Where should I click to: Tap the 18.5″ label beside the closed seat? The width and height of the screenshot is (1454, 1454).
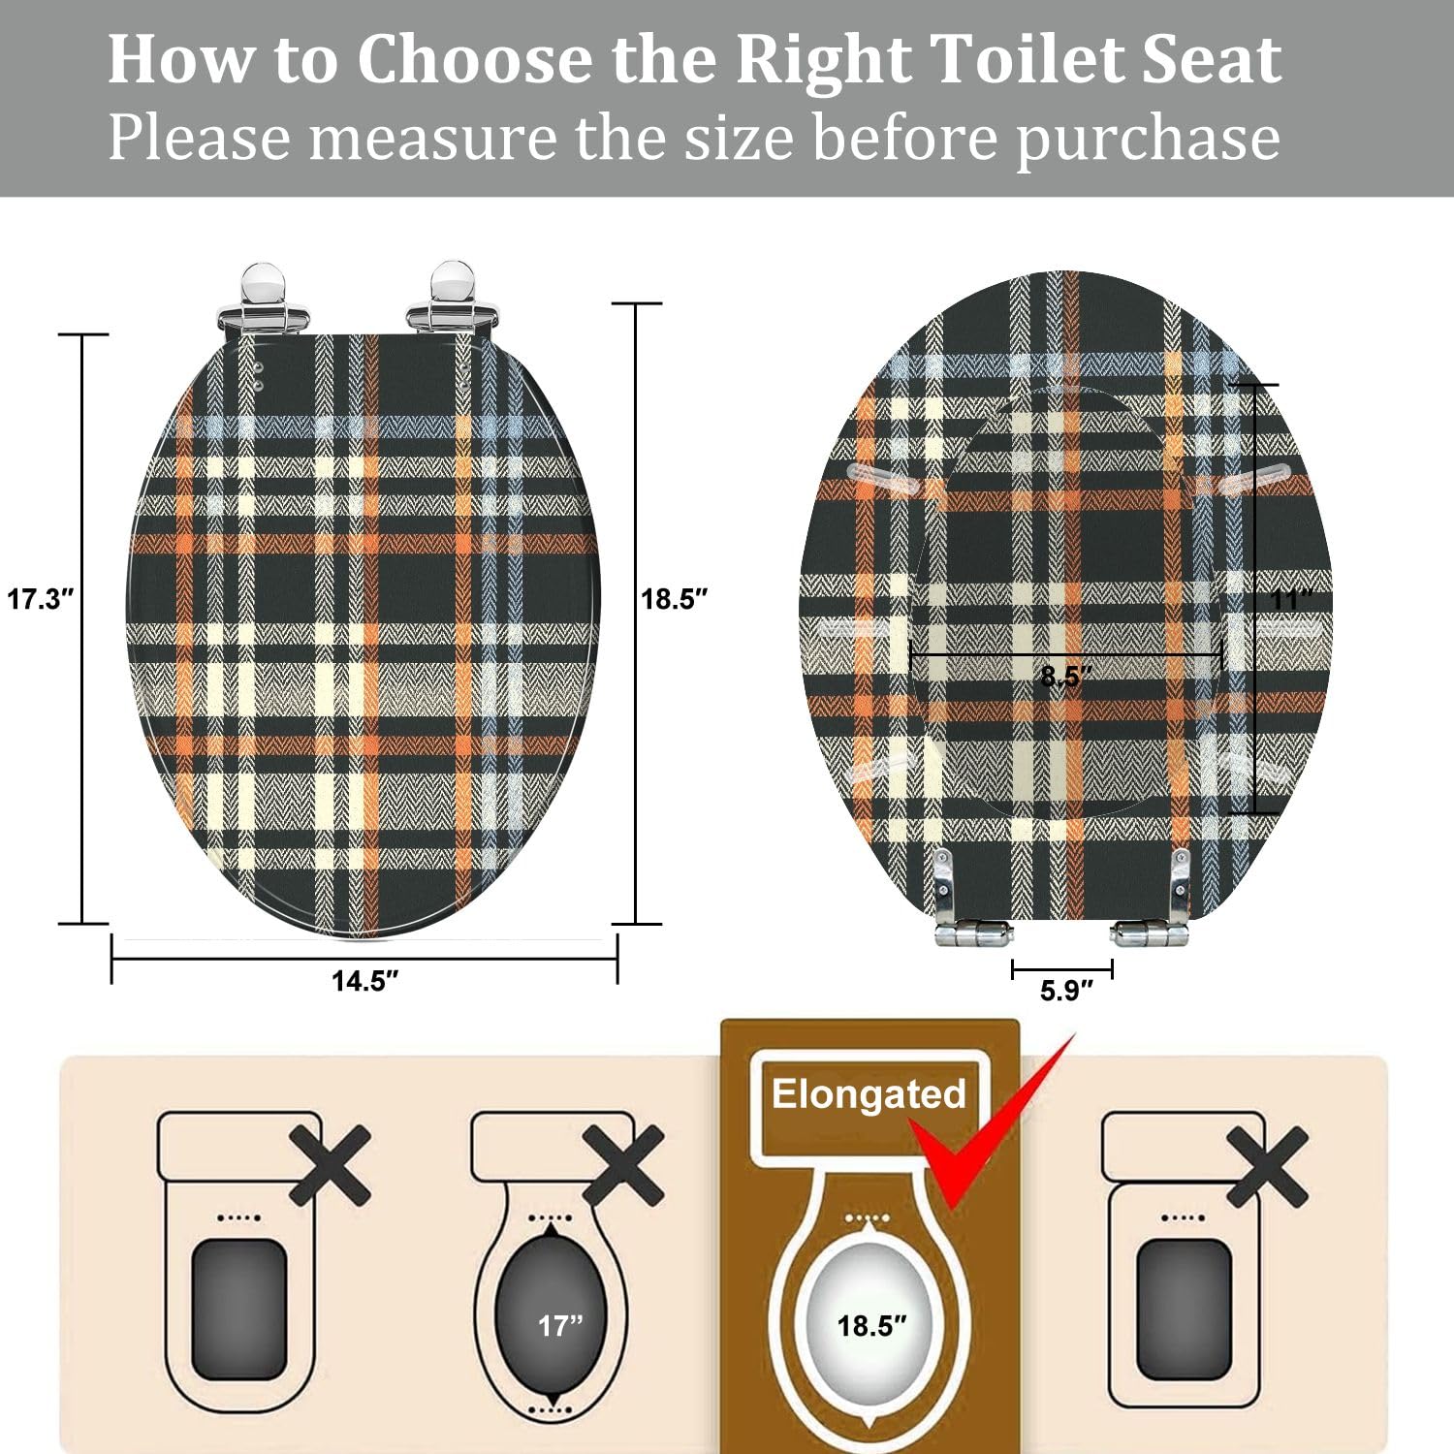[x=674, y=599]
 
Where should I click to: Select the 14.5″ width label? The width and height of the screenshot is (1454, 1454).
[x=364, y=981]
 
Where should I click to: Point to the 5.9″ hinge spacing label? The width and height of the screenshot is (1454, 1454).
[x=1065, y=991]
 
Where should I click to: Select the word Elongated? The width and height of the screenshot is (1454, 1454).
[x=869, y=1094]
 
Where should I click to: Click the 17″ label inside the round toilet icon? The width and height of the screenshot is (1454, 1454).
[x=560, y=1325]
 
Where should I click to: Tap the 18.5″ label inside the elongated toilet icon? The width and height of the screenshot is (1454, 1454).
[x=871, y=1325]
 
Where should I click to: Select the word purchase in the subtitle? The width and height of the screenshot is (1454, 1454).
[x=1148, y=138]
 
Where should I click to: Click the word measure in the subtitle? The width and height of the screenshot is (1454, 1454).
[x=432, y=138]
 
